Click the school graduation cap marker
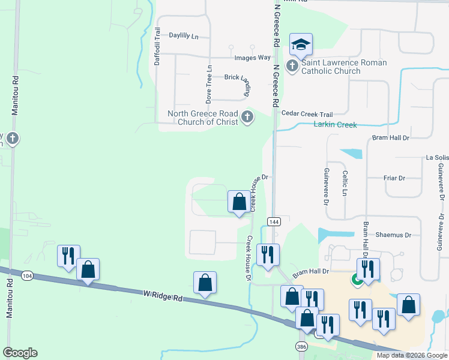click(301, 44)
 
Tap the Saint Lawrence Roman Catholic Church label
click(335, 67)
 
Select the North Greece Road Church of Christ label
click(204, 118)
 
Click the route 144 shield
click(274, 221)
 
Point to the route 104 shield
click(26, 275)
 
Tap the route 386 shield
click(301, 347)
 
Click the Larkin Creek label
click(335, 125)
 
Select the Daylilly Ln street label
click(184, 36)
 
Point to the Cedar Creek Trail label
click(307, 114)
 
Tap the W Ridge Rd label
click(163, 294)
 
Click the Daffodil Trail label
click(157, 47)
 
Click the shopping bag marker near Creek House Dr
click(239, 202)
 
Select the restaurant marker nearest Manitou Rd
click(67, 256)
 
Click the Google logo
click(20, 353)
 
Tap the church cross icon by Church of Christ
click(247, 117)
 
